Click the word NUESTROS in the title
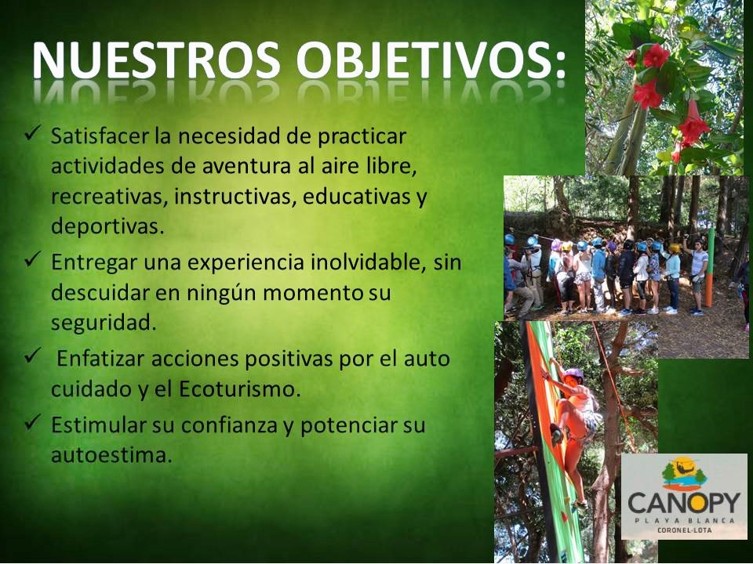pyautogui.click(x=157, y=60)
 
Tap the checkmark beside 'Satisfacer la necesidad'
pyautogui.click(x=33, y=133)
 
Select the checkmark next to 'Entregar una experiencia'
pyautogui.click(x=33, y=259)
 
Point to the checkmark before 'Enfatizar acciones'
pyautogui.click(x=33, y=356)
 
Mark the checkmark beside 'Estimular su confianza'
pyautogui.click(x=33, y=422)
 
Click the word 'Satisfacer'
pyautogui.click(x=100, y=136)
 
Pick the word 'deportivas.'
pyautogui.click(x=107, y=226)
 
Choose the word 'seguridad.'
pyautogui.click(x=104, y=323)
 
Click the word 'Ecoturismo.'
pyautogui.click(x=240, y=389)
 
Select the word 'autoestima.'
pyautogui.click(x=111, y=455)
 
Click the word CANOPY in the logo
pyautogui.click(x=684, y=503)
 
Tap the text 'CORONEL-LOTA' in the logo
pyautogui.click(x=684, y=530)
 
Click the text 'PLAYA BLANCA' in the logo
pyautogui.click(x=684, y=521)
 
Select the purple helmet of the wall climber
pyautogui.click(x=573, y=374)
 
